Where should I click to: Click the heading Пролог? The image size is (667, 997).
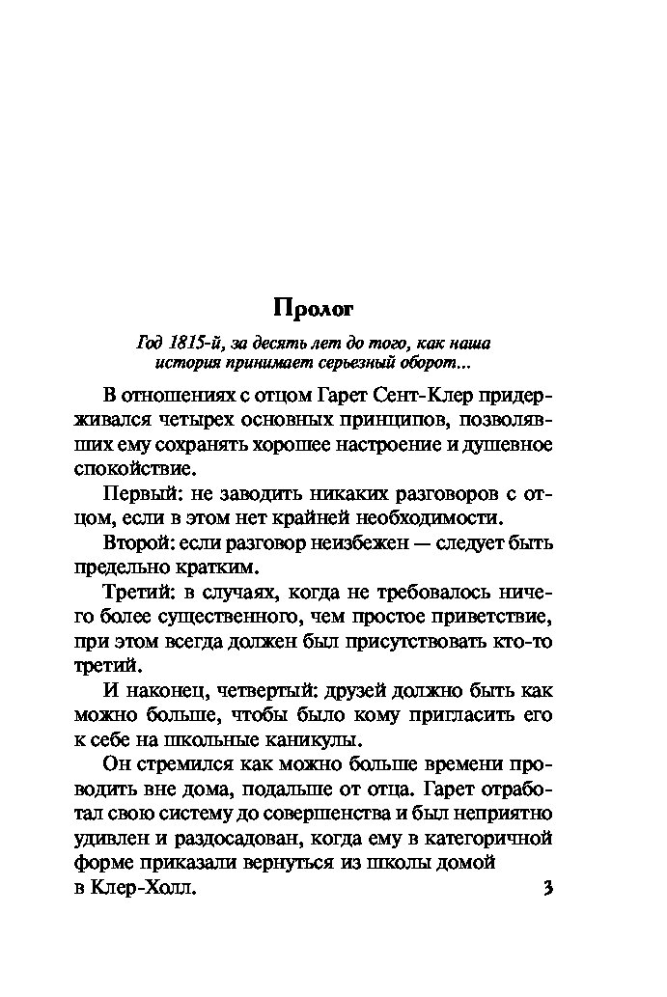[314, 309]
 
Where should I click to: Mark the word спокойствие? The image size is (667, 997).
[134, 469]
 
